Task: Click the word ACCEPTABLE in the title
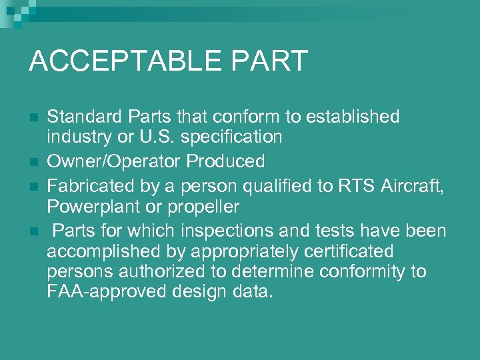[124, 61]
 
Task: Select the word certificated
[343, 252]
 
